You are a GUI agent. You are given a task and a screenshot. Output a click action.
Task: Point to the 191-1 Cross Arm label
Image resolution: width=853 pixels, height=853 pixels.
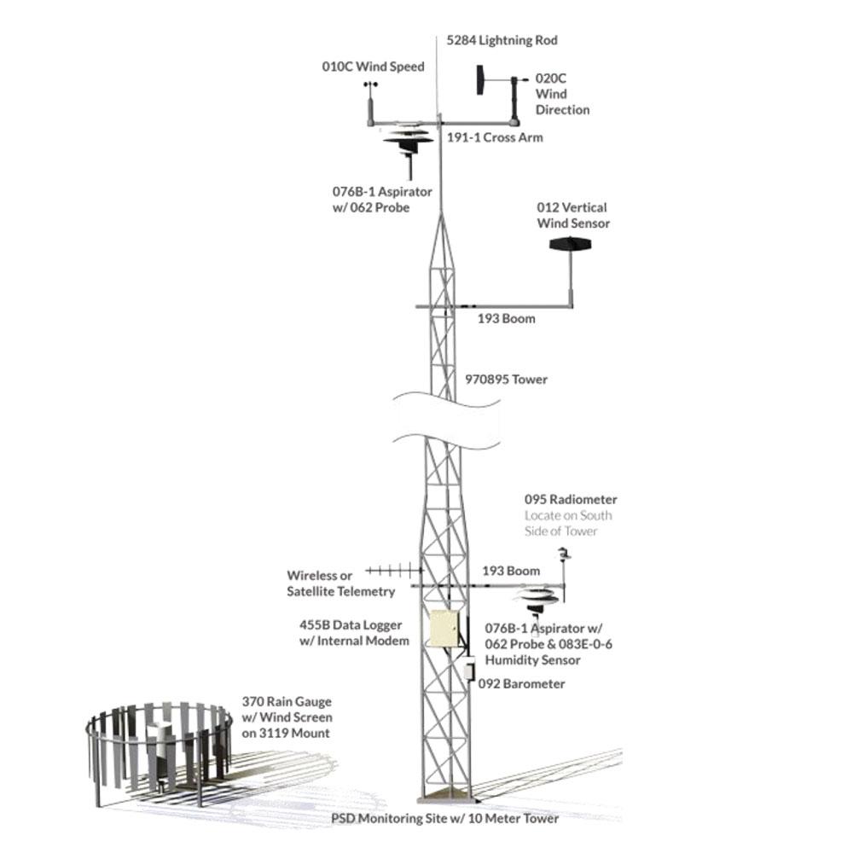(x=495, y=137)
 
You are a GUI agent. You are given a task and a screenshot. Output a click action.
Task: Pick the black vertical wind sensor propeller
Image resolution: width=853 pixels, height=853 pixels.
(x=571, y=245)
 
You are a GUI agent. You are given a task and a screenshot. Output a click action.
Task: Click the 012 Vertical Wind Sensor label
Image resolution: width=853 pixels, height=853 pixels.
(x=572, y=216)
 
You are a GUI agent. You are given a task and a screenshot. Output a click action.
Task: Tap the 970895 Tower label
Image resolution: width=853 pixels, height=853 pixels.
(x=505, y=380)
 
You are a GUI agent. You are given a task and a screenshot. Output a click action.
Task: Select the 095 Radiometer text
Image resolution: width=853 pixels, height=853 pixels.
(x=571, y=500)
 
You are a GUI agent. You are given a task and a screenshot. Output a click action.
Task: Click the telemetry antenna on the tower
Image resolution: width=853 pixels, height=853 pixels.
(x=394, y=571)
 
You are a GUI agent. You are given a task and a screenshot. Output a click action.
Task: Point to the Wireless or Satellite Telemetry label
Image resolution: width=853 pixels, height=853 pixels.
(x=340, y=583)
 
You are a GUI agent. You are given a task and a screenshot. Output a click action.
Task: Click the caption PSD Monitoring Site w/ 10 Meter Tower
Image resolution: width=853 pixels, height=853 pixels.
(x=444, y=819)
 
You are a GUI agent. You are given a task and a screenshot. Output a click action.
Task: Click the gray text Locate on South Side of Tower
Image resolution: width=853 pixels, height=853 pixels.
(x=568, y=524)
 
